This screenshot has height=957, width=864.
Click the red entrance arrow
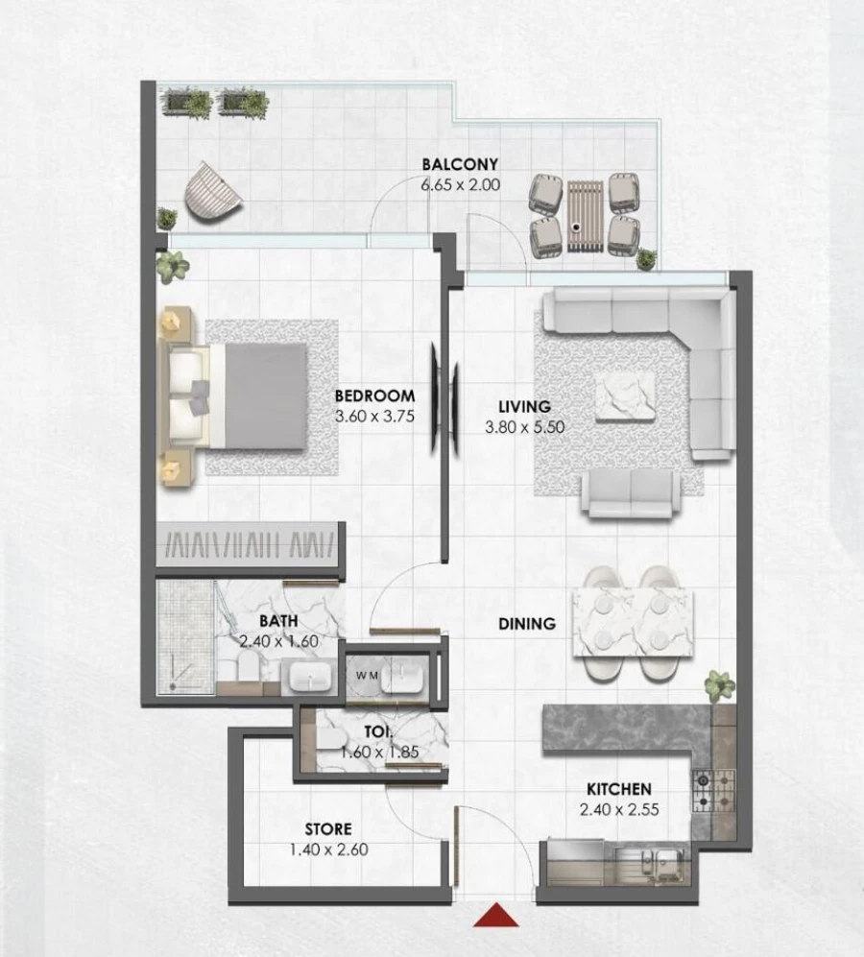[x=496, y=916]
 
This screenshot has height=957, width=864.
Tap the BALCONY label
[x=460, y=164]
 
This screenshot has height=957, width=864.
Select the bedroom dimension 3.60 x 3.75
[x=374, y=417]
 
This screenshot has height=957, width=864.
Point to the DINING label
[x=527, y=624]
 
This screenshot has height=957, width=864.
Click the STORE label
[x=328, y=828]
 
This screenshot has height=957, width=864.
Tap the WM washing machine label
[x=367, y=676]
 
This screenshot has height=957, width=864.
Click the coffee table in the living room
[x=625, y=395]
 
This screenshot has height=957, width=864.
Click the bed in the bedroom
[x=244, y=395]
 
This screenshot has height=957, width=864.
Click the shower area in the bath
[x=185, y=635]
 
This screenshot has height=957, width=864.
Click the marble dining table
[x=633, y=623]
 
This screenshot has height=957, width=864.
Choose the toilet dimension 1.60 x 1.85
[x=379, y=752]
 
